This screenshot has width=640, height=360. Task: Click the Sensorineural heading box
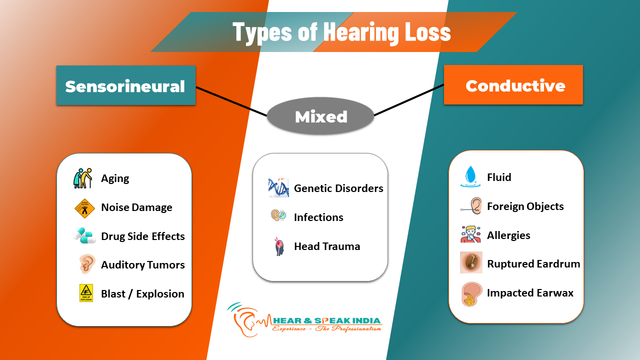tap(125, 85)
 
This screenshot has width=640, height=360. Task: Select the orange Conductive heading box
tap(513, 85)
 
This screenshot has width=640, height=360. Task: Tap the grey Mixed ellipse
tap(320, 116)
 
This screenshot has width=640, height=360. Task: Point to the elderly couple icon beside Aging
tap(83, 178)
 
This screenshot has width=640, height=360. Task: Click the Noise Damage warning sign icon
tap(84, 207)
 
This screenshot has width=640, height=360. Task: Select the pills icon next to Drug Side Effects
tap(84, 235)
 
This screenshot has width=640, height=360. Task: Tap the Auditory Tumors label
tap(142, 265)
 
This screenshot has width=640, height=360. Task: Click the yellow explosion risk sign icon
tap(86, 293)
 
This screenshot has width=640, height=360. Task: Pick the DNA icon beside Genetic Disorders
tap(278, 188)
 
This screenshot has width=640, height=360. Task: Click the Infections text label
tap(318, 217)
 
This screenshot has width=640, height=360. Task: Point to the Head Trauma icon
tap(279, 246)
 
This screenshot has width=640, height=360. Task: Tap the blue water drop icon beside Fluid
tap(470, 177)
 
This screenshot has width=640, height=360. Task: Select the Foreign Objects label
tap(525, 206)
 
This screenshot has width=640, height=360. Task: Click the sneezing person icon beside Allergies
tap(470, 234)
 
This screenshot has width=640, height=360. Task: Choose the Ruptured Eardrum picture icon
tap(471, 262)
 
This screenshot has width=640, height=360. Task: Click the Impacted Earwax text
tap(530, 293)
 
